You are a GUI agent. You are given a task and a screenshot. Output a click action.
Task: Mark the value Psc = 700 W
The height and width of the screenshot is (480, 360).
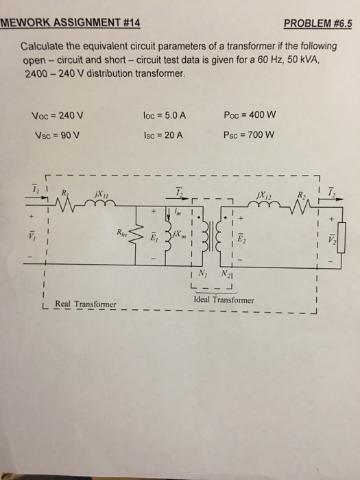pos(250,135)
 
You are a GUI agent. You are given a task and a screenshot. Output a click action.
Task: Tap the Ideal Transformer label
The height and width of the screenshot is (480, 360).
pos(224,300)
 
